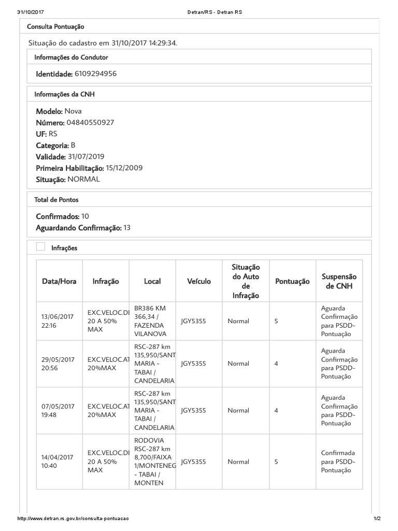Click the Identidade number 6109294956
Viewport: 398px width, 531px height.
[95, 74]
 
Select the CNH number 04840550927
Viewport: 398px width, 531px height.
[90, 123]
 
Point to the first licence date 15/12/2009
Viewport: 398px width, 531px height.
[124, 168]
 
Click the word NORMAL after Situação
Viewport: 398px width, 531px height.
[83, 179]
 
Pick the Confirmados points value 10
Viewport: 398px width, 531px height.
[86, 216]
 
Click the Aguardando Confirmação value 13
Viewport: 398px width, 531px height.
[127, 228]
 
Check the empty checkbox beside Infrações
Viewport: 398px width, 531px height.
[40, 247]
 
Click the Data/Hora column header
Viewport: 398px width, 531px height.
[59, 281]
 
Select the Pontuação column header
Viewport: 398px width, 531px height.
[292, 281]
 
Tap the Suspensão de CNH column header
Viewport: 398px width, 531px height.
[339, 281]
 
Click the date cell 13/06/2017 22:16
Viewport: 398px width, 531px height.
[58, 321]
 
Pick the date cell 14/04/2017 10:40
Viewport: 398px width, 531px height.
[58, 462]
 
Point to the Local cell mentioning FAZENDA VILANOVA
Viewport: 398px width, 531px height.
[152, 321]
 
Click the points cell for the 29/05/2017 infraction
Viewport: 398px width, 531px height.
[276, 364]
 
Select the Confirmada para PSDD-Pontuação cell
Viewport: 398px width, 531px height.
[339, 462]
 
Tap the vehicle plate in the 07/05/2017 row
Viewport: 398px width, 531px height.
[193, 410]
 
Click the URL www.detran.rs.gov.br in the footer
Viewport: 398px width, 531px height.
[73, 519]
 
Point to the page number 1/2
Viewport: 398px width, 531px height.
[377, 519]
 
